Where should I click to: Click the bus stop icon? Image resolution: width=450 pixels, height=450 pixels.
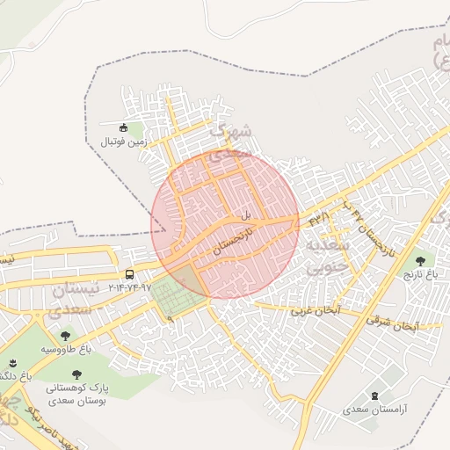coord(130,274)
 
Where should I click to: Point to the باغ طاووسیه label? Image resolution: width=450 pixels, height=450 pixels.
coord(65,349)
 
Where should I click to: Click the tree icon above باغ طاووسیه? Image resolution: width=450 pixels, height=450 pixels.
coord(65,335)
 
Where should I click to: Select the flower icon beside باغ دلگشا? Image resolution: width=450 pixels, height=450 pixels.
coord(13,362)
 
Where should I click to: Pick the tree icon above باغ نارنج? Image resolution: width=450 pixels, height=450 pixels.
coord(420,260)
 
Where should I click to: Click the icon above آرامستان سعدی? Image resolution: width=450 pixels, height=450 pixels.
coord(376,396)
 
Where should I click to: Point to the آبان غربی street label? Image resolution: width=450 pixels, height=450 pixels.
coord(315,312)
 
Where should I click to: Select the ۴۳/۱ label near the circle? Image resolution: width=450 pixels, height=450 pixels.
coord(317,216)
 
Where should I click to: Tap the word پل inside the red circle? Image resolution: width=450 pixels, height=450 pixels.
coord(247,214)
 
